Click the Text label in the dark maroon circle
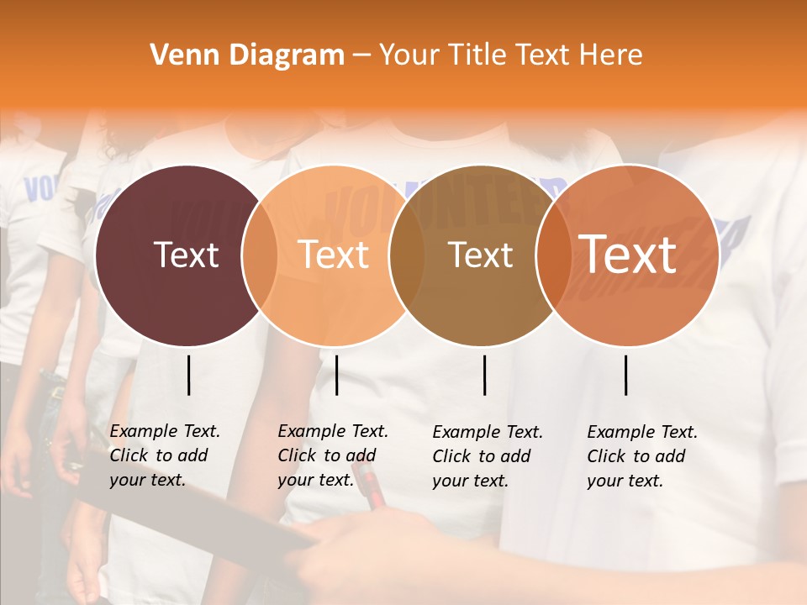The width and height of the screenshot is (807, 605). coord(186,255)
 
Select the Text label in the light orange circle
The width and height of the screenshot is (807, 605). coord(334,255)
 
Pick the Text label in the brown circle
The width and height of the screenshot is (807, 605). coord(480,255)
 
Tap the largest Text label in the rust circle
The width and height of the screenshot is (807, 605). coord(628,255)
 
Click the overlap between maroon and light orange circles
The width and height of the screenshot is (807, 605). coord(260,255)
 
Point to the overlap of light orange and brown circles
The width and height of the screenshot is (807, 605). coord(407,255)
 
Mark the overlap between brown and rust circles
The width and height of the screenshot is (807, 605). coord(553,255)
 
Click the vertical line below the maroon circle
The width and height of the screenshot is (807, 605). coord(189,375)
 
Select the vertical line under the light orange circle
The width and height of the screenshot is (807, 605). coord(336,375)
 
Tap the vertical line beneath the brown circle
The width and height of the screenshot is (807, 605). coord(485,375)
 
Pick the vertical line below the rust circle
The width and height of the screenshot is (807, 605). coord(626,375)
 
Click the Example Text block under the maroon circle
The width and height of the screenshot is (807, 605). coord(165,455)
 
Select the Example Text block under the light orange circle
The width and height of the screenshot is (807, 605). coord(333,455)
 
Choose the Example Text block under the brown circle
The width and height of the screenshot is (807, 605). coord(488,456)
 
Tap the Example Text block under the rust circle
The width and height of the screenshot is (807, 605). coord(642,456)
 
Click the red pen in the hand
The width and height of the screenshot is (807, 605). coord(373,492)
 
